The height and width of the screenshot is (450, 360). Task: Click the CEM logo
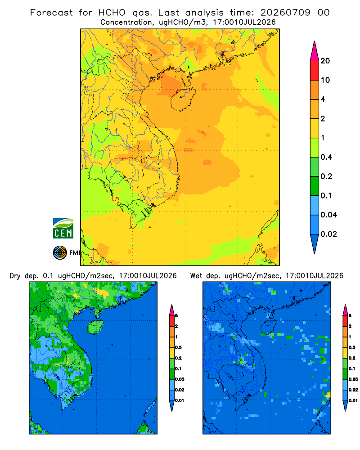(x=63, y=229)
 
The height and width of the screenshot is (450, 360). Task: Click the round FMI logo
(x=60, y=253)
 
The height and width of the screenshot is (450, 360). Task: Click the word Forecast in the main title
(x=52, y=13)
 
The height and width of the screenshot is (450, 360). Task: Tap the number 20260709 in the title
(x=285, y=13)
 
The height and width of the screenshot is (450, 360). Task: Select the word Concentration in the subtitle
(x=126, y=22)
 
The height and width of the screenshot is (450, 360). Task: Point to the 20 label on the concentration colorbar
(x=325, y=61)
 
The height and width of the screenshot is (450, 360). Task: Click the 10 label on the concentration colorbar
(x=325, y=80)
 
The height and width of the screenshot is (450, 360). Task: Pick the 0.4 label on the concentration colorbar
(x=326, y=157)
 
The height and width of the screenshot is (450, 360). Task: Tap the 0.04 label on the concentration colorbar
(x=328, y=215)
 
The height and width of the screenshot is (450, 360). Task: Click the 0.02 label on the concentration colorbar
(x=328, y=234)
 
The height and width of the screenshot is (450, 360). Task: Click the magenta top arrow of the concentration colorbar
(x=315, y=51)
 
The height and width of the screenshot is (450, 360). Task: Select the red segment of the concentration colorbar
(x=315, y=71)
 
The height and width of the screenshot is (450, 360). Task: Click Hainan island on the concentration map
(x=183, y=99)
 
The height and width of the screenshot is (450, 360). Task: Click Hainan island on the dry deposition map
(x=95, y=327)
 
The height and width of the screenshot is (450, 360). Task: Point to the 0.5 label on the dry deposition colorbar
(x=178, y=347)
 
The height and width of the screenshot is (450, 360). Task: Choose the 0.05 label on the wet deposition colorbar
(x=353, y=379)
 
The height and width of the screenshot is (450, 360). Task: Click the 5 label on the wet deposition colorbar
(x=350, y=316)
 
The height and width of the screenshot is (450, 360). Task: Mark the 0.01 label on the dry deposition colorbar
(x=180, y=400)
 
